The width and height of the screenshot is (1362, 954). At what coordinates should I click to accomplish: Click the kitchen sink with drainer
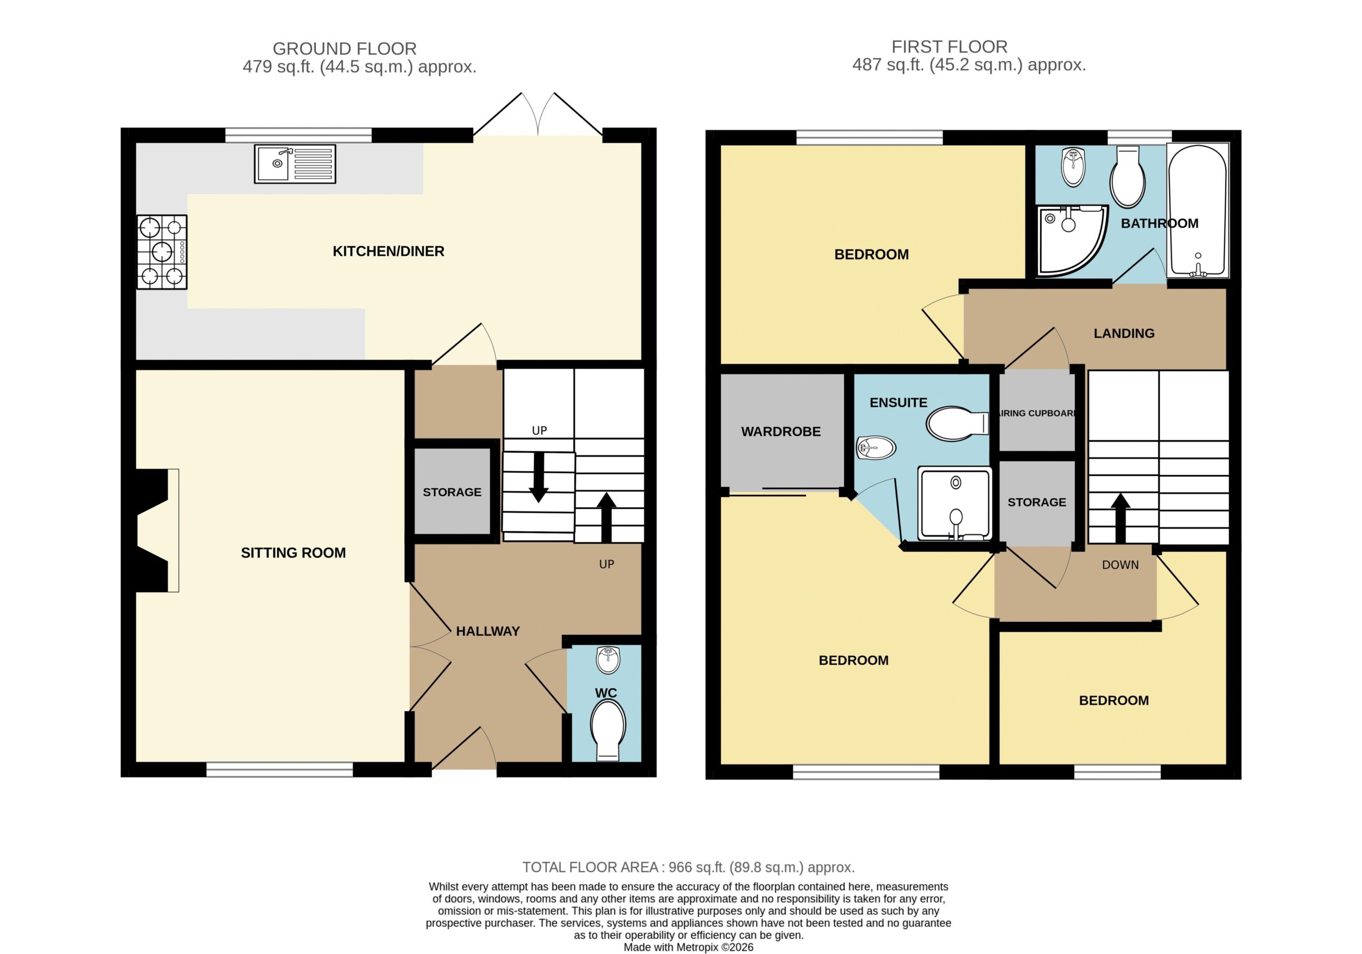[x=295, y=164]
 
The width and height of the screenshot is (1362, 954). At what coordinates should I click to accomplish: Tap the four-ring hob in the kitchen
[x=162, y=252]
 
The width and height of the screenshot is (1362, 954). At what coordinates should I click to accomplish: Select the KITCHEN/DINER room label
[x=388, y=252]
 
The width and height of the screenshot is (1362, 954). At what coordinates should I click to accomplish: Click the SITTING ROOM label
[x=293, y=553]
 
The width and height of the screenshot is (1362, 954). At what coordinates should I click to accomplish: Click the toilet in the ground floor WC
[x=608, y=730]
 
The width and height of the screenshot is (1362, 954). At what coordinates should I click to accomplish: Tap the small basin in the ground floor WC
[x=608, y=660]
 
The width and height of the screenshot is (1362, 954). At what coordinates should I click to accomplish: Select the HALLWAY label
[x=488, y=631]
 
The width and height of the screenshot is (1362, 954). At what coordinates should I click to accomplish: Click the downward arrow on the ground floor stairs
[x=538, y=478]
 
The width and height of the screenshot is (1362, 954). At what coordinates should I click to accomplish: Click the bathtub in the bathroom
[x=1198, y=211]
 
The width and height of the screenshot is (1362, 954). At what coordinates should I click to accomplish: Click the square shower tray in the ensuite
[x=954, y=504]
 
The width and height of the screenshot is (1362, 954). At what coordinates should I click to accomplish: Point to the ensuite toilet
[x=958, y=423]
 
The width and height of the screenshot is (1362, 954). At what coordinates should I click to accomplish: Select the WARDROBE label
[x=780, y=432]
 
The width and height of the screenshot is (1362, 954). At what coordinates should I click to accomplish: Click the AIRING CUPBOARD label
[x=1037, y=413]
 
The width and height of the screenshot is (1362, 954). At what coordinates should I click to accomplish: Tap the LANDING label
[x=1124, y=333]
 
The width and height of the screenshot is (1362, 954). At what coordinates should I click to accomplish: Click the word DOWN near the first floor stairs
[x=1120, y=565]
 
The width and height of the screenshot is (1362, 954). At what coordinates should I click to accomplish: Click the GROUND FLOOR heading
[x=345, y=48]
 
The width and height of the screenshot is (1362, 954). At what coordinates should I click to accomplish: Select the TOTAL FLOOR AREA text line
[x=688, y=867]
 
